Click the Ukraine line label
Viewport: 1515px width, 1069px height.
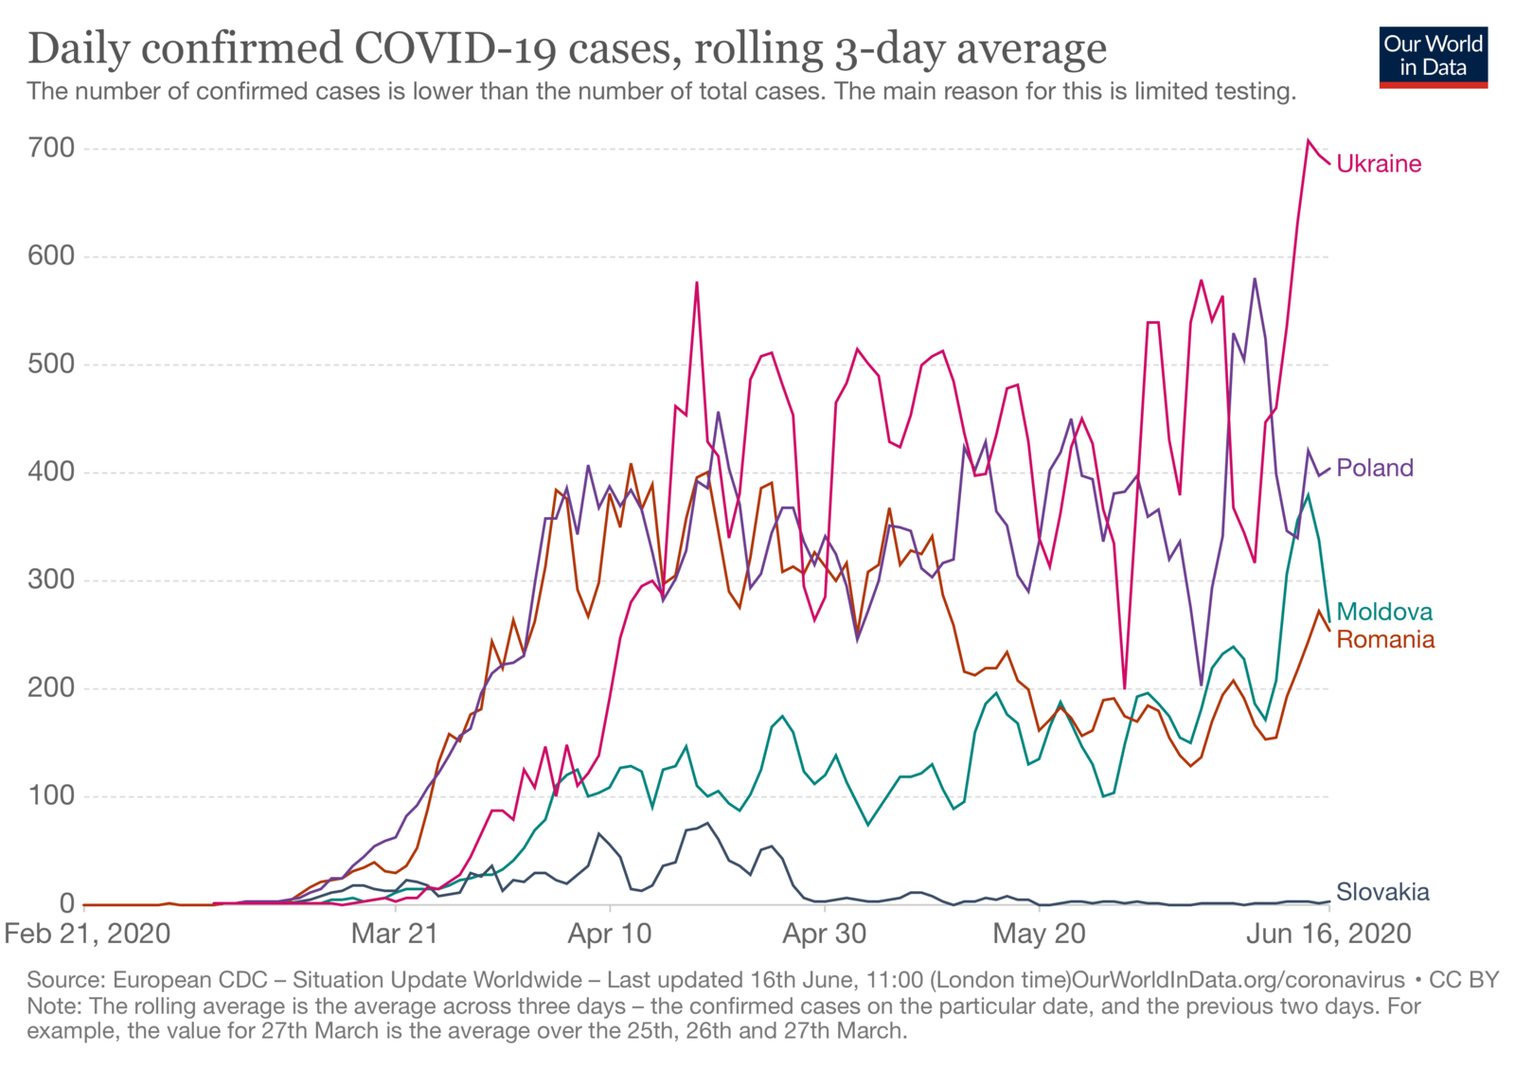(1378, 164)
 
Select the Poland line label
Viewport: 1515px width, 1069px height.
(1374, 468)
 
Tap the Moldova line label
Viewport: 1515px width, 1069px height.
(1383, 612)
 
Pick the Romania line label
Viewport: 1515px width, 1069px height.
(1384, 640)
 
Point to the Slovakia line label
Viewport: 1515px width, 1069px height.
(1381, 892)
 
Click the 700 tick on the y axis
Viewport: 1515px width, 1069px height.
(52, 148)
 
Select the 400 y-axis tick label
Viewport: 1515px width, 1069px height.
(52, 472)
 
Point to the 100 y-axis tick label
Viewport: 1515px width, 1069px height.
(52, 795)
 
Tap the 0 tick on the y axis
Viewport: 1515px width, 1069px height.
(66, 903)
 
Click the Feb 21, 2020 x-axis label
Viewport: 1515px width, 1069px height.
(87, 934)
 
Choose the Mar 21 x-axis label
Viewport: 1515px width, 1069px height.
(394, 934)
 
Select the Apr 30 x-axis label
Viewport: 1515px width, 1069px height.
(824, 934)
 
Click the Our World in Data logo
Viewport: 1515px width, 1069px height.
(1433, 57)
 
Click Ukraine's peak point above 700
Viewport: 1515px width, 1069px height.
(1309, 141)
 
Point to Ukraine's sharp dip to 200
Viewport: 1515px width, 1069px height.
(1124, 687)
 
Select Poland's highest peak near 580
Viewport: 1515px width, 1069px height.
(1255, 279)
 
